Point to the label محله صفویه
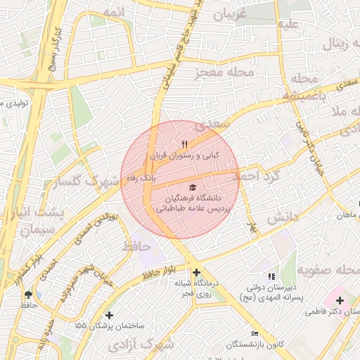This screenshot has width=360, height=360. tap(326, 269)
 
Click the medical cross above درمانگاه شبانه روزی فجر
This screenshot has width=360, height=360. tap(196, 272)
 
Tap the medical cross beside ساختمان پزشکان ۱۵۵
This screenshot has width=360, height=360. tap(108, 315)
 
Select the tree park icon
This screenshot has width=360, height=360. tap(28, 295)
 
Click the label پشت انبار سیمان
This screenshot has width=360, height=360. tap(42, 221)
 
